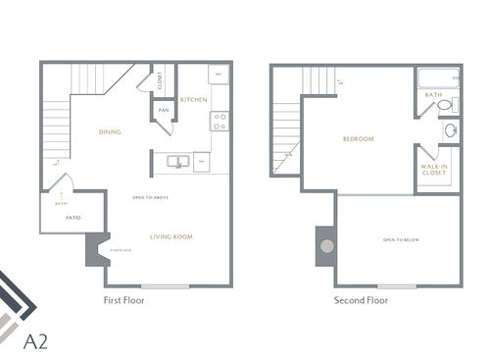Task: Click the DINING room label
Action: pos(110,132)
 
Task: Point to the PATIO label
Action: pos(73,217)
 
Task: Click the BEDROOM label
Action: pos(359,139)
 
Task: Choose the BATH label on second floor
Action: pos(433,95)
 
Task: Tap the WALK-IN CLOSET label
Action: pos(435,175)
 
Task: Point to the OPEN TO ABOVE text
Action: pos(152,198)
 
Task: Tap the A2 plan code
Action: pos(35,342)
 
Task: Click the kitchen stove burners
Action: pos(220,122)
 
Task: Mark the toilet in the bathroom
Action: pos(444,105)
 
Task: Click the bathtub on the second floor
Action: pos(438,77)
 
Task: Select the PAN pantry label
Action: pos(164,110)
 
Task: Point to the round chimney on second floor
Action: pos(326,246)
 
